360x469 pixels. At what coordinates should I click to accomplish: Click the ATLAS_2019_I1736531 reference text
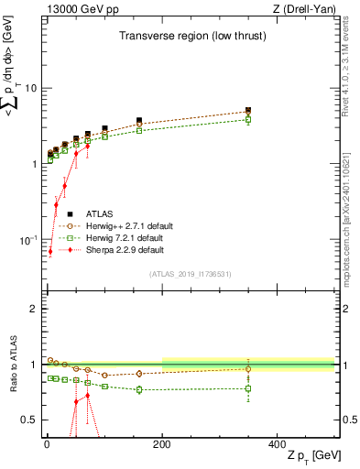pyautogui.click(x=191, y=273)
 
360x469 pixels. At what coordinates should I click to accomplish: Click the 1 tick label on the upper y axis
pyautogui.click(x=33, y=164)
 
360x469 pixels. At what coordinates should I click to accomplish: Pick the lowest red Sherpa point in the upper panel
pyautogui.click(x=49, y=251)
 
